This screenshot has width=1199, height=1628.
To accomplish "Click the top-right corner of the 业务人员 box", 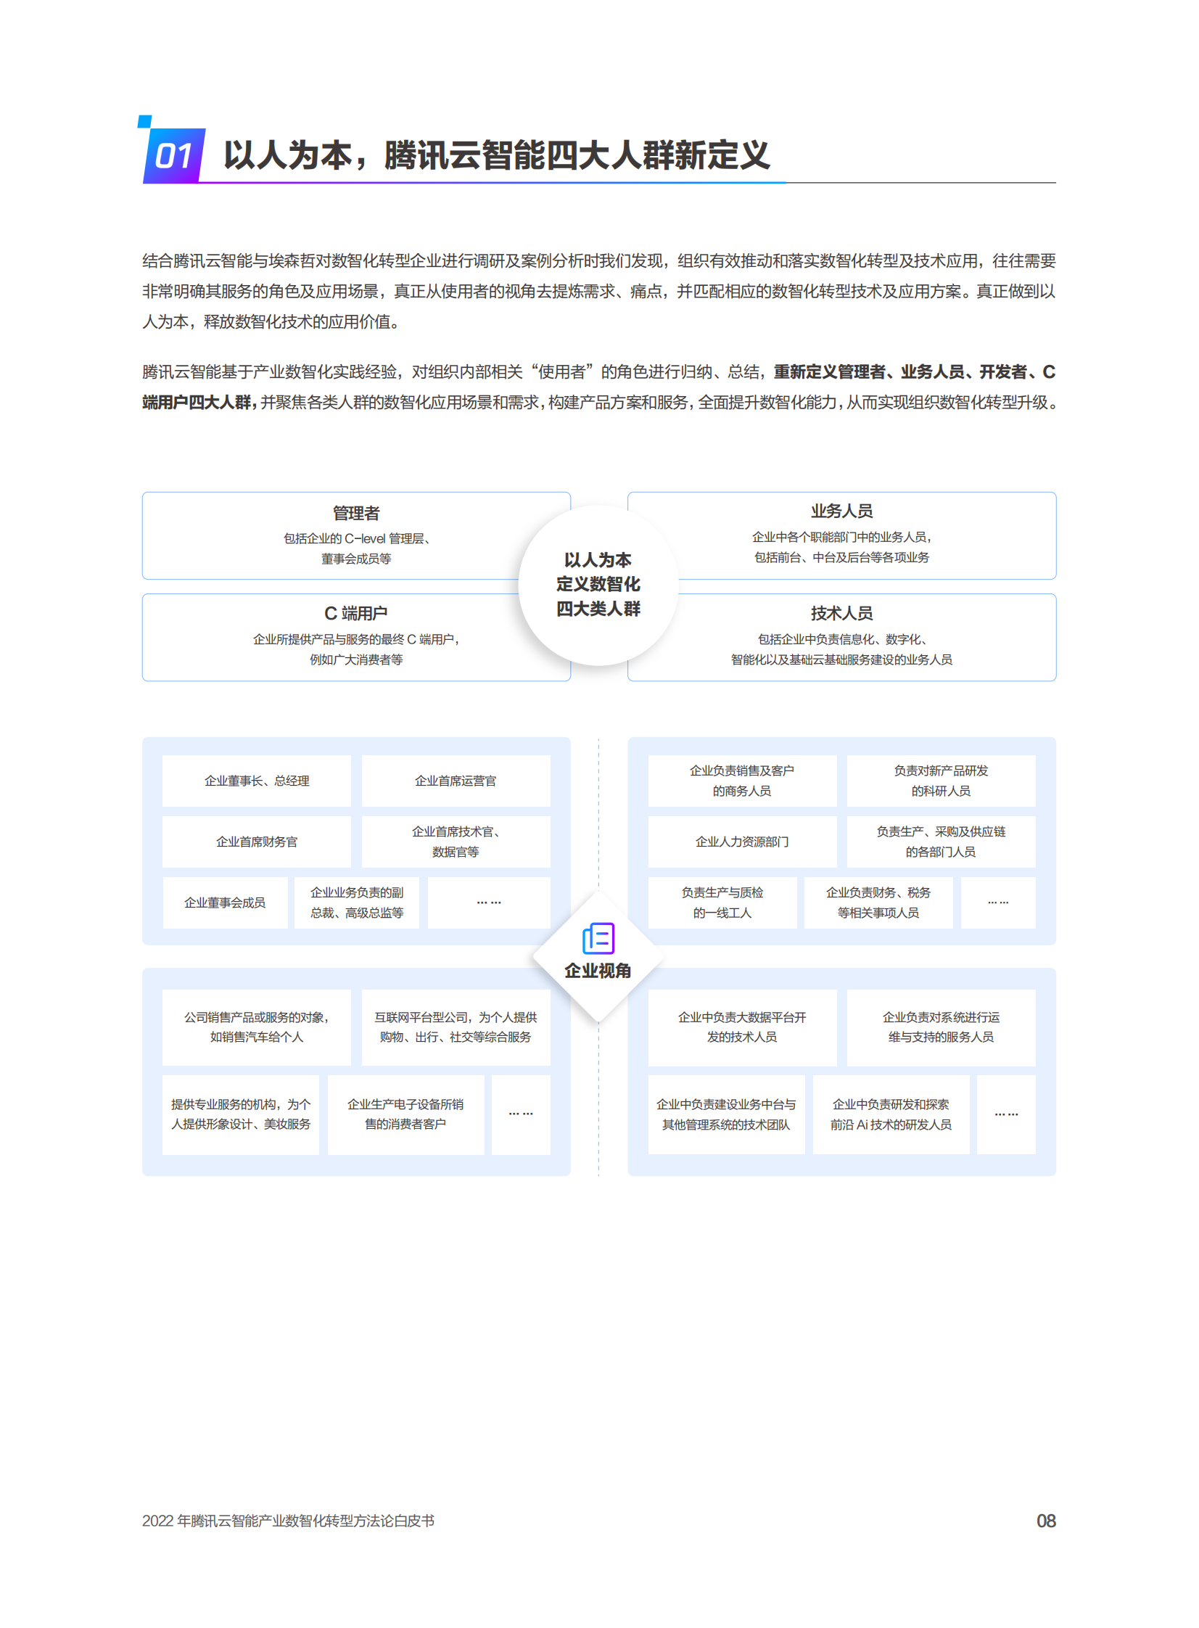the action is coord(1056,493).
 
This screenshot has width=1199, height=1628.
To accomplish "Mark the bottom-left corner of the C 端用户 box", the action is coord(143,681).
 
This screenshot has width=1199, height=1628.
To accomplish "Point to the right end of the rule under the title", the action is coord(1056,183).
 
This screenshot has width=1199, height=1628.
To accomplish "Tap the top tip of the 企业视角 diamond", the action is coord(598,892).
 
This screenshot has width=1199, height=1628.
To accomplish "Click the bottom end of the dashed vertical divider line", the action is coord(598,1176).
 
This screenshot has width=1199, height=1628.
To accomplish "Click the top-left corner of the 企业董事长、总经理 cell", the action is coord(162,755).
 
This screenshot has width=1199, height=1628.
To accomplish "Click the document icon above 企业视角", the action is coord(598,939).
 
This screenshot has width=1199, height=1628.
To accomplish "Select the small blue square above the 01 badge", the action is coord(145,121).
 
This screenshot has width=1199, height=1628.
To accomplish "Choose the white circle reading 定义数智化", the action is coord(598,585).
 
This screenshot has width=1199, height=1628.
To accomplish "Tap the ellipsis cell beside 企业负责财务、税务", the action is coord(998,903).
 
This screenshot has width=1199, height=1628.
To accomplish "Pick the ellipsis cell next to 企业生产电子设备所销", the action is coord(521,1114).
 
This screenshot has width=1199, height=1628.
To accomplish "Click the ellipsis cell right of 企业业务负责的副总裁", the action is coord(489,903).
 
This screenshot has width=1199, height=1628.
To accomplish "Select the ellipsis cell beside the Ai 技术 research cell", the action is coord(1007,1114).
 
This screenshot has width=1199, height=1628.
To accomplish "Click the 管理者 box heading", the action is coord(356,513).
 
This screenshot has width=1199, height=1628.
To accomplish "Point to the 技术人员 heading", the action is coord(842,613).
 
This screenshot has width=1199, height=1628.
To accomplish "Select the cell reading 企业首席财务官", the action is coord(257,842).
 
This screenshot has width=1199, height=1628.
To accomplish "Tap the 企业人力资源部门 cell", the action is coord(743,842).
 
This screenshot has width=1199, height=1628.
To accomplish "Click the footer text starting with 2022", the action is coord(288,1521).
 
